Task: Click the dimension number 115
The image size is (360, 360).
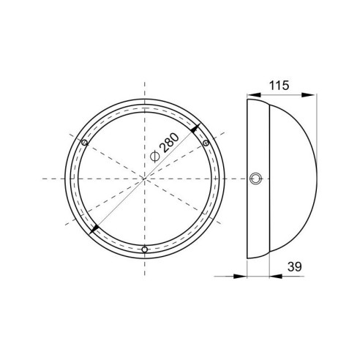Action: [279, 86]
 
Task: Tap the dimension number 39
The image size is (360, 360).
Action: [295, 267]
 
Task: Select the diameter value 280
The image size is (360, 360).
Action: [170, 143]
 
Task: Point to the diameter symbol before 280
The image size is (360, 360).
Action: [154, 157]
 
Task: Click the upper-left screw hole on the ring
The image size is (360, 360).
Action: [84, 143]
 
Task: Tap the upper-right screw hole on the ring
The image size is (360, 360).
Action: [206, 143]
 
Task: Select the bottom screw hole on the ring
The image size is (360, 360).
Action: [145, 250]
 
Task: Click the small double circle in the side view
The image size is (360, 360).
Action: [256, 179]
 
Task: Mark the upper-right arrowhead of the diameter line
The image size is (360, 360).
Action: [195, 128]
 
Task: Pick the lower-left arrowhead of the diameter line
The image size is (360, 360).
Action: [94, 229]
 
